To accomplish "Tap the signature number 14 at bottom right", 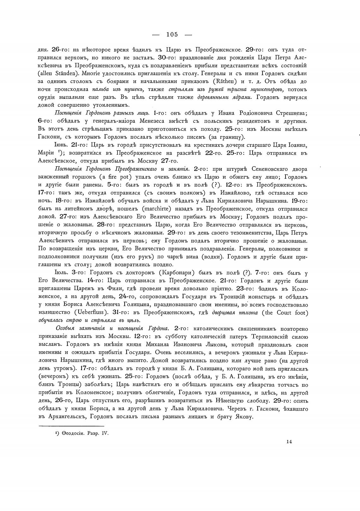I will (x=289, y=442).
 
